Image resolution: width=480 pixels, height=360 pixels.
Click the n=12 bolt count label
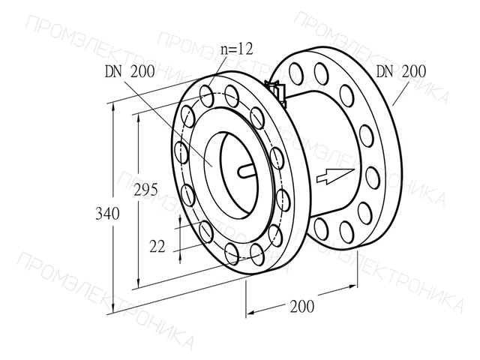pos(237,49)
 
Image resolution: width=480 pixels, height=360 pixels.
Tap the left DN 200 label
pos(130,72)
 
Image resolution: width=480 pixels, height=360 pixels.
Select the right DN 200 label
pos(400,71)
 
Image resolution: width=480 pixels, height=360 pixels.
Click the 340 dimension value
pos(107,213)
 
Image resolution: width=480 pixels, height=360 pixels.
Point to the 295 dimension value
pos(145,190)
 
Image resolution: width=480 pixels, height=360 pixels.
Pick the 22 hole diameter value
pos(157,247)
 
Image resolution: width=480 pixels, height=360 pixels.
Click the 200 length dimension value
pos(302,306)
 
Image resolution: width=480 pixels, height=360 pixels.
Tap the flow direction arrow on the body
pos(335,177)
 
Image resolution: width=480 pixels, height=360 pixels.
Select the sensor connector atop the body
pos(276,91)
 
